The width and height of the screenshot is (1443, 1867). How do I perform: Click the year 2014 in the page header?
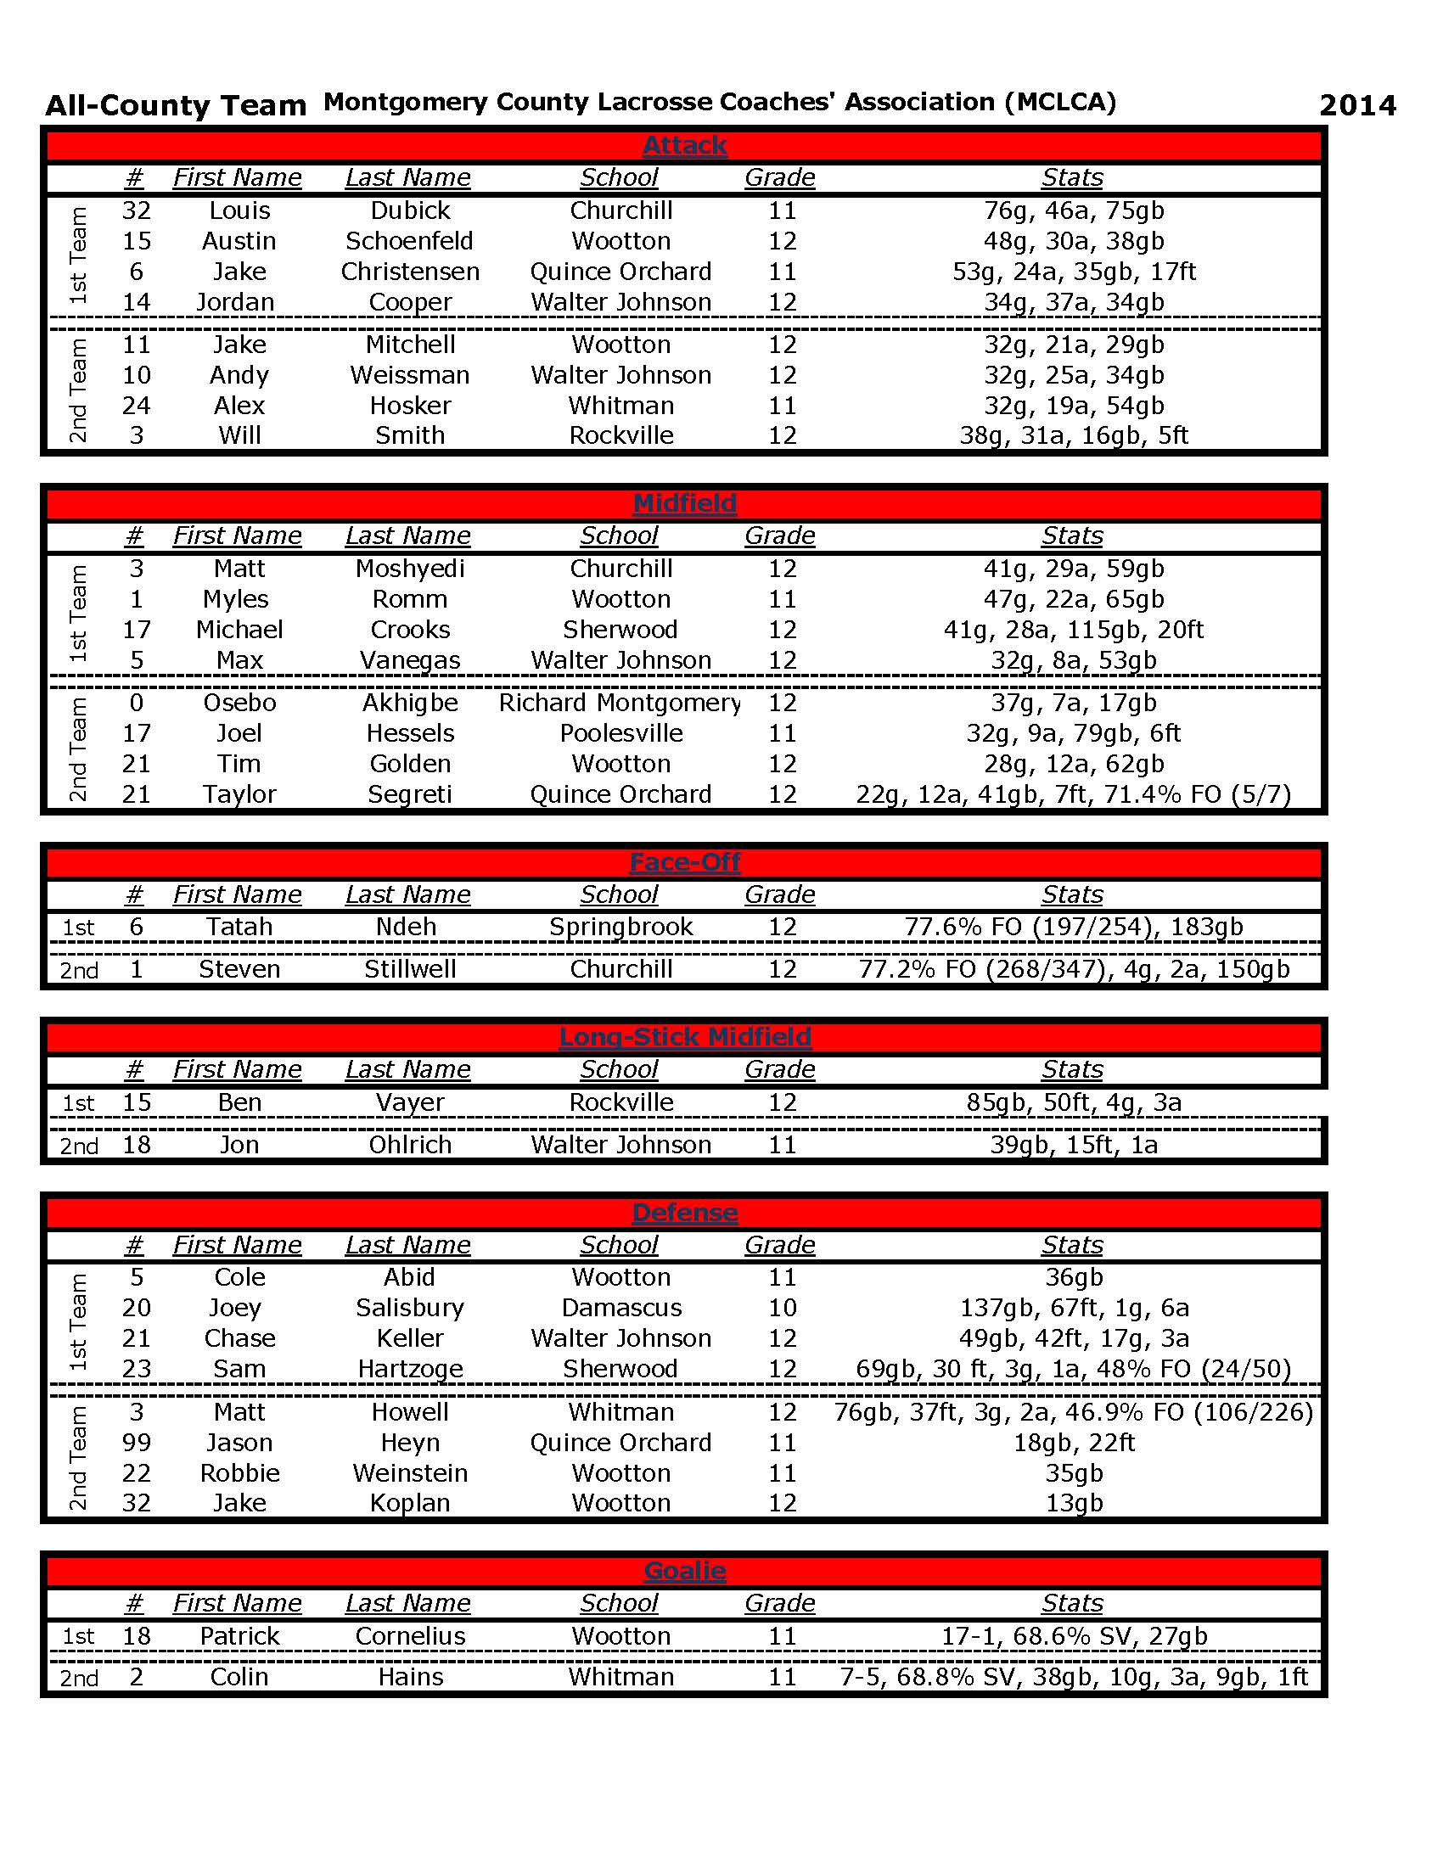(1356, 105)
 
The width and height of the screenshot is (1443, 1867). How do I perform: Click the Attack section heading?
(684, 145)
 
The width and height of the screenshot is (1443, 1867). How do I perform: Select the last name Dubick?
(409, 210)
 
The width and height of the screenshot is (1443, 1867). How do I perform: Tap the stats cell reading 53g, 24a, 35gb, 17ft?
(1073, 272)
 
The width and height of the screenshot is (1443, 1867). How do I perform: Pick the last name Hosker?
(409, 405)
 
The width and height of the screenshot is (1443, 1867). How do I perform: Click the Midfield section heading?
(684, 503)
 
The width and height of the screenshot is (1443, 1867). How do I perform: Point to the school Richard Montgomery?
(620, 703)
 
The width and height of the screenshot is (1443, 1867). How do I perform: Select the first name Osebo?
(239, 703)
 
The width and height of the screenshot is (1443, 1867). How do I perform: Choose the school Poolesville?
(620, 733)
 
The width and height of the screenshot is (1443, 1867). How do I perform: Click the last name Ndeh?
(406, 927)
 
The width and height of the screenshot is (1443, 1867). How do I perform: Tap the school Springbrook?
(620, 927)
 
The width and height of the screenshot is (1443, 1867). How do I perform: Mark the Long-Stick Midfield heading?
(684, 1037)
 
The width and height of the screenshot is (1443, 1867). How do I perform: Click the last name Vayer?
(409, 1102)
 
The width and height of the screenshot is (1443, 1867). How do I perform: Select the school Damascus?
(620, 1308)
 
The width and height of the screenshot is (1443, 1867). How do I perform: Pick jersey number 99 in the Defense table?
(137, 1443)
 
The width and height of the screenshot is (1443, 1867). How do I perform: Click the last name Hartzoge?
(409, 1369)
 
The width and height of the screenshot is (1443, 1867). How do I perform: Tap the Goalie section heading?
(684, 1571)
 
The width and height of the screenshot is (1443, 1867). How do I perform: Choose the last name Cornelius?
(409, 1636)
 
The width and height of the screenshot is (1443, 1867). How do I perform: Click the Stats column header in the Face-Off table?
(1072, 894)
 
